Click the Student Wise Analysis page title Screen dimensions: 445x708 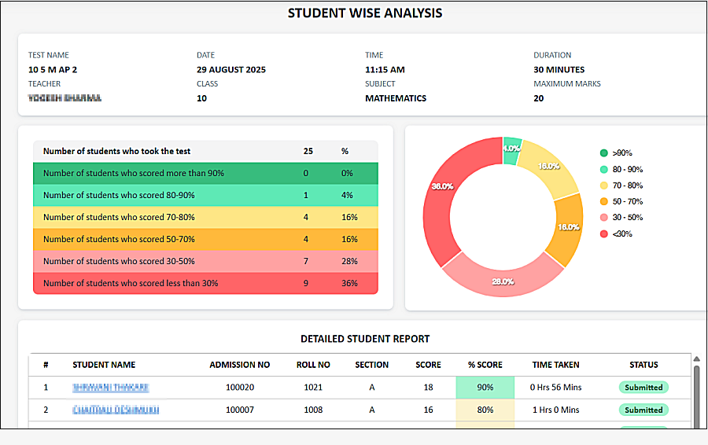[365, 13]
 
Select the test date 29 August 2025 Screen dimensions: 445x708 [231, 70]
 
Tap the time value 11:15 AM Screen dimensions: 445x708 [385, 70]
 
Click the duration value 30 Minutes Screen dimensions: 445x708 [559, 70]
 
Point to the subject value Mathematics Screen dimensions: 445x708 [396, 98]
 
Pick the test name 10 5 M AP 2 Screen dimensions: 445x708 [53, 70]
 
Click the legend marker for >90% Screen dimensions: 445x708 [603, 153]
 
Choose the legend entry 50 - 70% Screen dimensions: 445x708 [627, 201]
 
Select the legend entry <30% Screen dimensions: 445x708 [621, 234]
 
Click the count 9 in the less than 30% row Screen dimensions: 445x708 [306, 283]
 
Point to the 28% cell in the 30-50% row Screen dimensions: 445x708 [349, 261]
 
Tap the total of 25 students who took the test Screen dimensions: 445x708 [308, 151]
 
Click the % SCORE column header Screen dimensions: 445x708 [485, 365]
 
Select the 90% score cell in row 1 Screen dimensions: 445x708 [485, 388]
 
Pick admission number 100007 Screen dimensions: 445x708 [240, 410]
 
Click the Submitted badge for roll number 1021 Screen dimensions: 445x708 [643, 388]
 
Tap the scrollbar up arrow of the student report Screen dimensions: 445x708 [696, 359]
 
